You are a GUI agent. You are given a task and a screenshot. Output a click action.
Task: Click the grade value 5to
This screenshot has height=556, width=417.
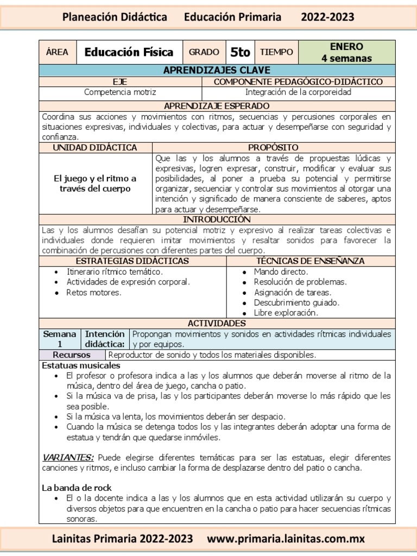coord(240,52)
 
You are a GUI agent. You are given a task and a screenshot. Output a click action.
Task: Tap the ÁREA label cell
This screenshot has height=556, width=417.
coord(57,52)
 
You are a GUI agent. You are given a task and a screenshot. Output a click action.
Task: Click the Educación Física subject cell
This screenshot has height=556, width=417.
coord(129,52)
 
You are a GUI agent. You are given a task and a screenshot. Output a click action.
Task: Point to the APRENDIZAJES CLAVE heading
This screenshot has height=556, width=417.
coord(217,71)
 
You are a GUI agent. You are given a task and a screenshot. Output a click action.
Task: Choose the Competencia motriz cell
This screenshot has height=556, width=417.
coord(120,92)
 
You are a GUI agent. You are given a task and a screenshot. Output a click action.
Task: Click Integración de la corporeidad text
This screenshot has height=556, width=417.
coord(298,92)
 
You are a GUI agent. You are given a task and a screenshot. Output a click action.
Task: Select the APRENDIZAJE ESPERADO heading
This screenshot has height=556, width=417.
coord(217,105)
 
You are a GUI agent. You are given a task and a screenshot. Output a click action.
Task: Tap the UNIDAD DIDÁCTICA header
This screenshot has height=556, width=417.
coord(95,148)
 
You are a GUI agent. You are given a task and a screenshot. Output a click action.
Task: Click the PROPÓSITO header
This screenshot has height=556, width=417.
coord(273,148)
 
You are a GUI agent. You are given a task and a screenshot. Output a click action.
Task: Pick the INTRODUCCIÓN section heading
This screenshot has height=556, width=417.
coord(217,219)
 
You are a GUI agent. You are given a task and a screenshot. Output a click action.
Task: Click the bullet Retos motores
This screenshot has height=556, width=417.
coord(94,293)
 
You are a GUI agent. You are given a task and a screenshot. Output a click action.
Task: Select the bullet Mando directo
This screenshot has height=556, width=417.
coord(281,271)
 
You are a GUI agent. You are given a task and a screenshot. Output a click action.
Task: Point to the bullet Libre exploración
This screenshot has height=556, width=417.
coord(286,313)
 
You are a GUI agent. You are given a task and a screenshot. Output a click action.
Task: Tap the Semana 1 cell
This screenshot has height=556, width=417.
coord(59,339)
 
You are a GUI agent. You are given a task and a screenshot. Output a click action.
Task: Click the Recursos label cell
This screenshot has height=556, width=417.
coord(72,355)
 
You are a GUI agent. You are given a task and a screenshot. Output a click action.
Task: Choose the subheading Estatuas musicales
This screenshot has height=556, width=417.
coord(81,365)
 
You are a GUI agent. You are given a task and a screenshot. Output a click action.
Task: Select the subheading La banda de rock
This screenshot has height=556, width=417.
coord(77,488)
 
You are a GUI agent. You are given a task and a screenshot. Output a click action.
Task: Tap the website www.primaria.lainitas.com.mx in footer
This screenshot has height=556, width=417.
coord(286,539)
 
